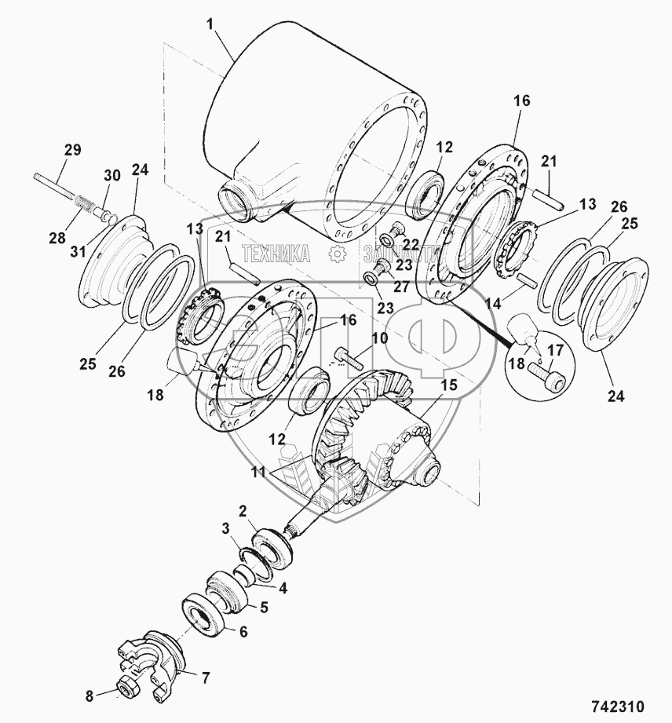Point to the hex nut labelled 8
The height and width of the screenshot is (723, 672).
point(127,689)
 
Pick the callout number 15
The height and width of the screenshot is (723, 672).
point(448,385)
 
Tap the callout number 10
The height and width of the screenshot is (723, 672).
point(380,338)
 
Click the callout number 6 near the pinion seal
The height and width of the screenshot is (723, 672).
point(243,632)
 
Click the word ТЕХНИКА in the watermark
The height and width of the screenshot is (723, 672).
point(276,254)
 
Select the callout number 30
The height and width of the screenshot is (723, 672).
point(112,175)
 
